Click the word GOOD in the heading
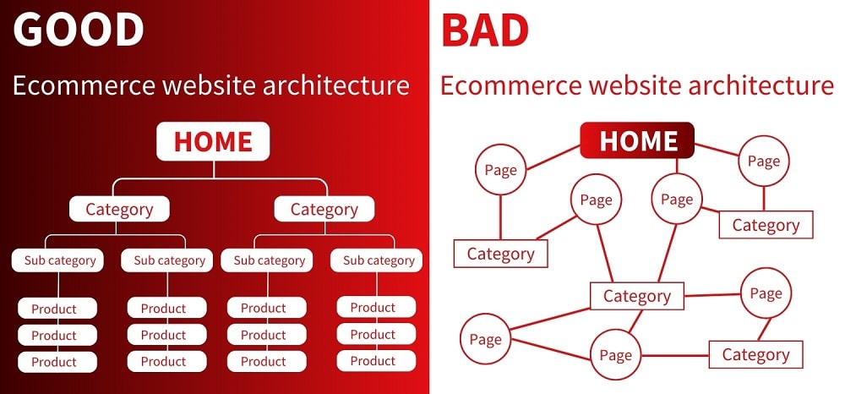click(78, 30)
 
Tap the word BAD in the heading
click(485, 30)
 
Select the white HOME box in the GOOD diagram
click(213, 141)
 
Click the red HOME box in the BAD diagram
click(637, 140)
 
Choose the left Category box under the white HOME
click(119, 209)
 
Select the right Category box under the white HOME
click(324, 209)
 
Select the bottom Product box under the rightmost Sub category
click(373, 360)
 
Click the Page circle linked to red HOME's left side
click(500, 170)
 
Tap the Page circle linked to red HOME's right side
click(764, 161)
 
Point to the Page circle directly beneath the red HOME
click(676, 200)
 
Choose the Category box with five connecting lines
click(636, 296)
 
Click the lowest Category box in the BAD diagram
click(755, 354)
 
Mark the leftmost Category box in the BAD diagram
click(500, 254)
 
